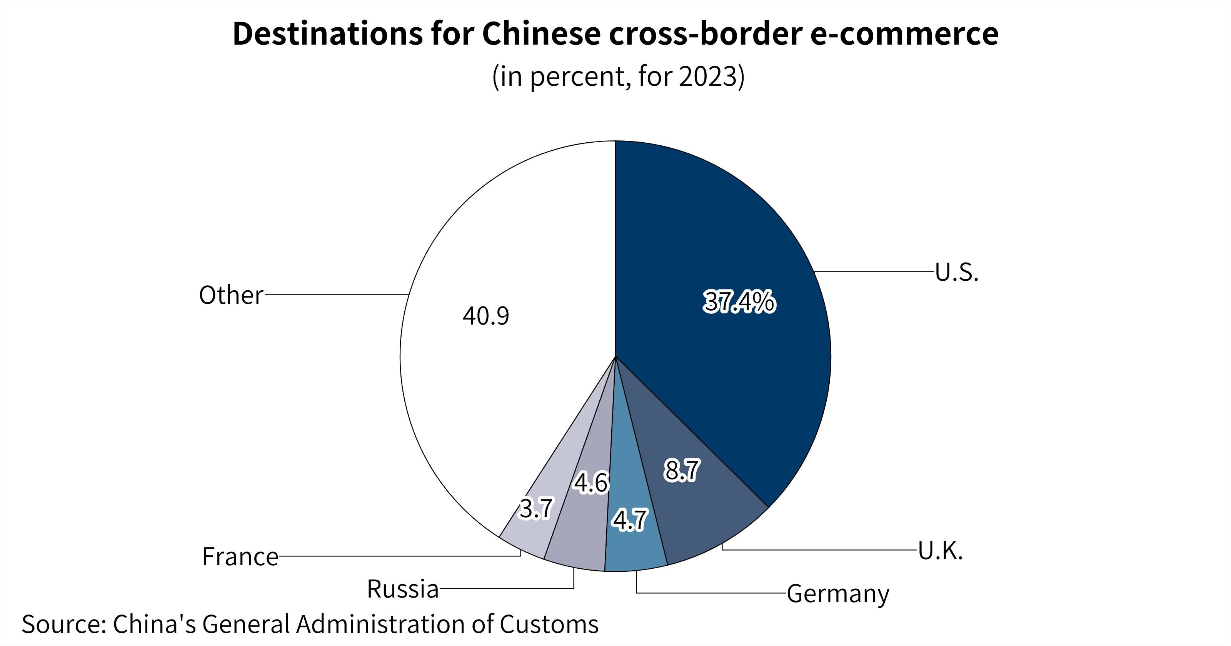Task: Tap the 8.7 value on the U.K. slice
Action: pos(682,470)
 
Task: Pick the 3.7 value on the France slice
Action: pos(536,508)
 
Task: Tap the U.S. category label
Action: pos(957,272)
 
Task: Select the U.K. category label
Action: pos(940,551)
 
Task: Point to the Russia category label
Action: pos(403,589)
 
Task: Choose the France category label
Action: pos(240,557)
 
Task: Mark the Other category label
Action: pos(231,295)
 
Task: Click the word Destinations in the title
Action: pos(327,34)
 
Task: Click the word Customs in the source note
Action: pos(549,624)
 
